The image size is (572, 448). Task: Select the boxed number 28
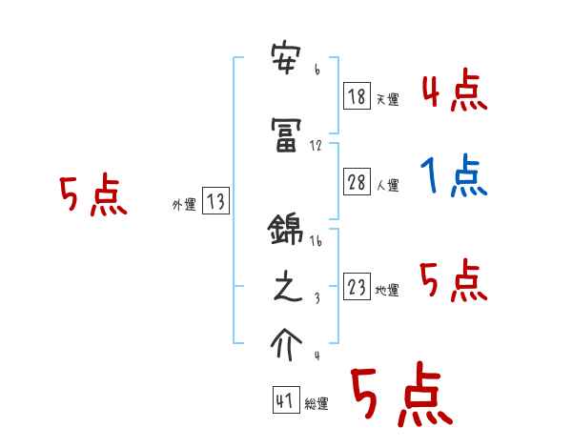(x=357, y=182)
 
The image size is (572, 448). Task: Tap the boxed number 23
(x=357, y=287)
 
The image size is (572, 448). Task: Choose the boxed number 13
(x=215, y=201)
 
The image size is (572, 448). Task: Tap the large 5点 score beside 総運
(x=399, y=396)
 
